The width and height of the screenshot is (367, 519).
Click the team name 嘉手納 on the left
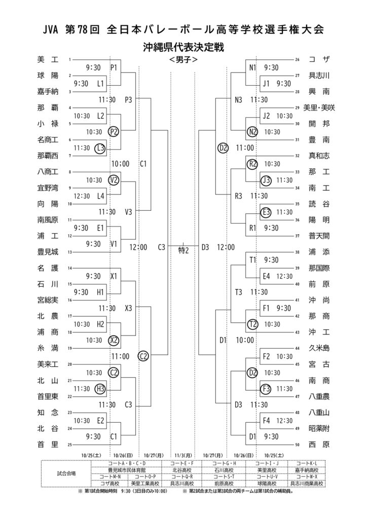point(48,92)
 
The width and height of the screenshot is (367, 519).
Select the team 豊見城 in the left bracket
point(48,251)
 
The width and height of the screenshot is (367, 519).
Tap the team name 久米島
point(319,348)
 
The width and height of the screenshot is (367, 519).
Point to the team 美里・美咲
point(319,107)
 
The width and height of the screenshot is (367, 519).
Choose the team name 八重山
point(319,413)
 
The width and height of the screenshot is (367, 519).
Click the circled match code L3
point(100,148)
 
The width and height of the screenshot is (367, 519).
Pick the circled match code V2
point(114,179)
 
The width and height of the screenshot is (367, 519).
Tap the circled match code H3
point(100,389)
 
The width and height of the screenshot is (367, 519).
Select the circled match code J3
point(266,179)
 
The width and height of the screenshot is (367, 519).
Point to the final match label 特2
point(183,248)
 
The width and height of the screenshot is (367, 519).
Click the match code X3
point(128,308)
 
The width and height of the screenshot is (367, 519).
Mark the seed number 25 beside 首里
point(69,444)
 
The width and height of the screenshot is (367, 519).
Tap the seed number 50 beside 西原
point(298,444)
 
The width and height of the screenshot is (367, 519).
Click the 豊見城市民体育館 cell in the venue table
point(127,469)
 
